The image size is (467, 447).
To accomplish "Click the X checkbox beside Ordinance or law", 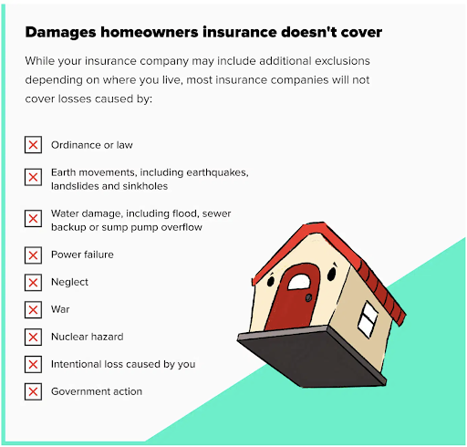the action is click(x=33, y=145).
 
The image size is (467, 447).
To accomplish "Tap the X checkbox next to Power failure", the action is click(x=33, y=255).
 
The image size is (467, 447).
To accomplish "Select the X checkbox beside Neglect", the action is click(x=33, y=283).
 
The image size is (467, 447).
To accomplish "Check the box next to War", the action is click(x=33, y=310).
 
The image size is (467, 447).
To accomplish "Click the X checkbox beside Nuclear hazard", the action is click(x=33, y=337).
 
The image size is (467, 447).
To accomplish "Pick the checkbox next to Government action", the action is click(x=33, y=391).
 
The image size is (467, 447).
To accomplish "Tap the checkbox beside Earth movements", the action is click(x=33, y=177).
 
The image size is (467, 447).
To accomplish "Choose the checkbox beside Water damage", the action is click(x=33, y=218).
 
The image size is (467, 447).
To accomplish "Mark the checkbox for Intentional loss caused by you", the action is click(x=33, y=364).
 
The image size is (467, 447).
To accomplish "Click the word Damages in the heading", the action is click(x=60, y=33).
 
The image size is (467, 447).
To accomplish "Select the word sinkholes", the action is click(x=145, y=186).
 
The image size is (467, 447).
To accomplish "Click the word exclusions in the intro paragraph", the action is click(x=342, y=61).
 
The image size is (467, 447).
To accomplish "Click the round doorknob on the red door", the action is click(x=308, y=297).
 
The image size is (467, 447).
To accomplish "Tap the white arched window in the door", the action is click(x=299, y=282).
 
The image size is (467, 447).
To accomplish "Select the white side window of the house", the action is click(x=368, y=319).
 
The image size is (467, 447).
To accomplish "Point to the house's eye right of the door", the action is click(x=332, y=274).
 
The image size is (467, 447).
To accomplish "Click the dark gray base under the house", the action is click(x=312, y=357).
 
